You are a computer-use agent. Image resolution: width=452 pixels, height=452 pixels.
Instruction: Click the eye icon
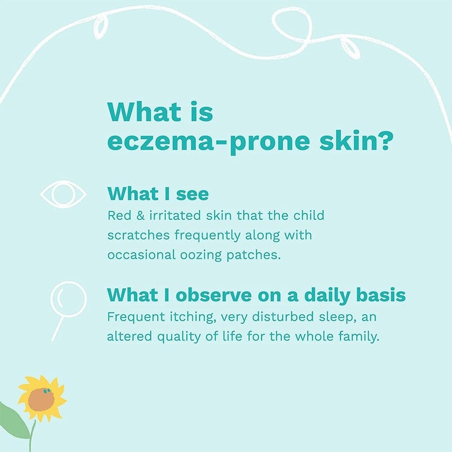63,194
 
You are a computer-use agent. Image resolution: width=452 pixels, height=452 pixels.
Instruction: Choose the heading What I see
158,193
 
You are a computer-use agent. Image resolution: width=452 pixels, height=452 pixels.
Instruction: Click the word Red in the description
118,216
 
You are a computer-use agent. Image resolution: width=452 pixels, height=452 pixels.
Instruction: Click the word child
309,216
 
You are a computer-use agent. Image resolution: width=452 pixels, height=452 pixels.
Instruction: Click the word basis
383,295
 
